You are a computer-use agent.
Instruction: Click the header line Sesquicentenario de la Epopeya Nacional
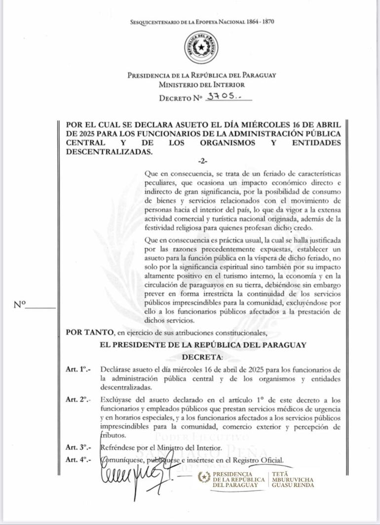pos(201,22)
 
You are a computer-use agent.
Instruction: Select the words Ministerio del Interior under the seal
pos(201,84)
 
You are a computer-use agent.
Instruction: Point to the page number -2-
pos(202,161)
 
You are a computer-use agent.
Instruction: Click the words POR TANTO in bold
pos(83,333)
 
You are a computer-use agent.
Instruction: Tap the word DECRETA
pos(202,356)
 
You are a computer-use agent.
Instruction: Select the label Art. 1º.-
pos(78,369)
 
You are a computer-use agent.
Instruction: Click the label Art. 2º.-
pos(78,400)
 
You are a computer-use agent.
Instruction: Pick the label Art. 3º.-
pos(78,448)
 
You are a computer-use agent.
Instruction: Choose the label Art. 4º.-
pos(78,460)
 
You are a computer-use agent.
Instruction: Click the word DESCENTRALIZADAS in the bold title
pos(109,152)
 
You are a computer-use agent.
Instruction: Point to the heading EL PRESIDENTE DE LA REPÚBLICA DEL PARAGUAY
pos(202,345)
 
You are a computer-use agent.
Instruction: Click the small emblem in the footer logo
pos(204,477)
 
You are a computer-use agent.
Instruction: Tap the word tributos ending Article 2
pos(113,436)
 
